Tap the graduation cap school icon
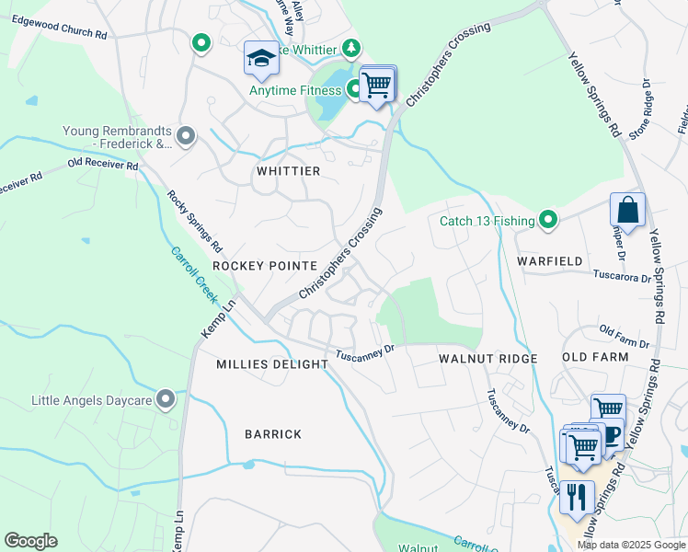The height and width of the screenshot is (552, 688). pyautogui.click(x=261, y=58)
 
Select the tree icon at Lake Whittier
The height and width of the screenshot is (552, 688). pyautogui.click(x=350, y=47)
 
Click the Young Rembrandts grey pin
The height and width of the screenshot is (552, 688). pyautogui.click(x=186, y=137)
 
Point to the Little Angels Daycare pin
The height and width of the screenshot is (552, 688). pyautogui.click(x=166, y=399)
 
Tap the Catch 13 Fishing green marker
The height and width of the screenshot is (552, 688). pyautogui.click(x=548, y=220)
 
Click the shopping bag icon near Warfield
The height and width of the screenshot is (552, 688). pyautogui.click(x=627, y=210)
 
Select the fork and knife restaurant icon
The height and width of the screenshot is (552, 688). pyautogui.click(x=576, y=497)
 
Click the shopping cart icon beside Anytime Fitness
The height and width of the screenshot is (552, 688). pyautogui.click(x=376, y=85)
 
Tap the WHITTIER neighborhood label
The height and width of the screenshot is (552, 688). pyautogui.click(x=289, y=172)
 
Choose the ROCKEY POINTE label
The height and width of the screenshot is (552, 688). pyautogui.click(x=265, y=265)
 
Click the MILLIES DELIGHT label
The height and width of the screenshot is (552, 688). pyautogui.click(x=272, y=364)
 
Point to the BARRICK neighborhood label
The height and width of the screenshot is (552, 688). pyautogui.click(x=272, y=434)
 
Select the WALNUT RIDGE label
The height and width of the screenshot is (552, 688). pyautogui.click(x=487, y=357)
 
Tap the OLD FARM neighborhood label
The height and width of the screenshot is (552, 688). pyautogui.click(x=595, y=357)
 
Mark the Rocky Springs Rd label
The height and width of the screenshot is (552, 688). pyautogui.click(x=194, y=221)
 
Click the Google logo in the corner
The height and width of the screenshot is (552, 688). pyautogui.click(x=30, y=541)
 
